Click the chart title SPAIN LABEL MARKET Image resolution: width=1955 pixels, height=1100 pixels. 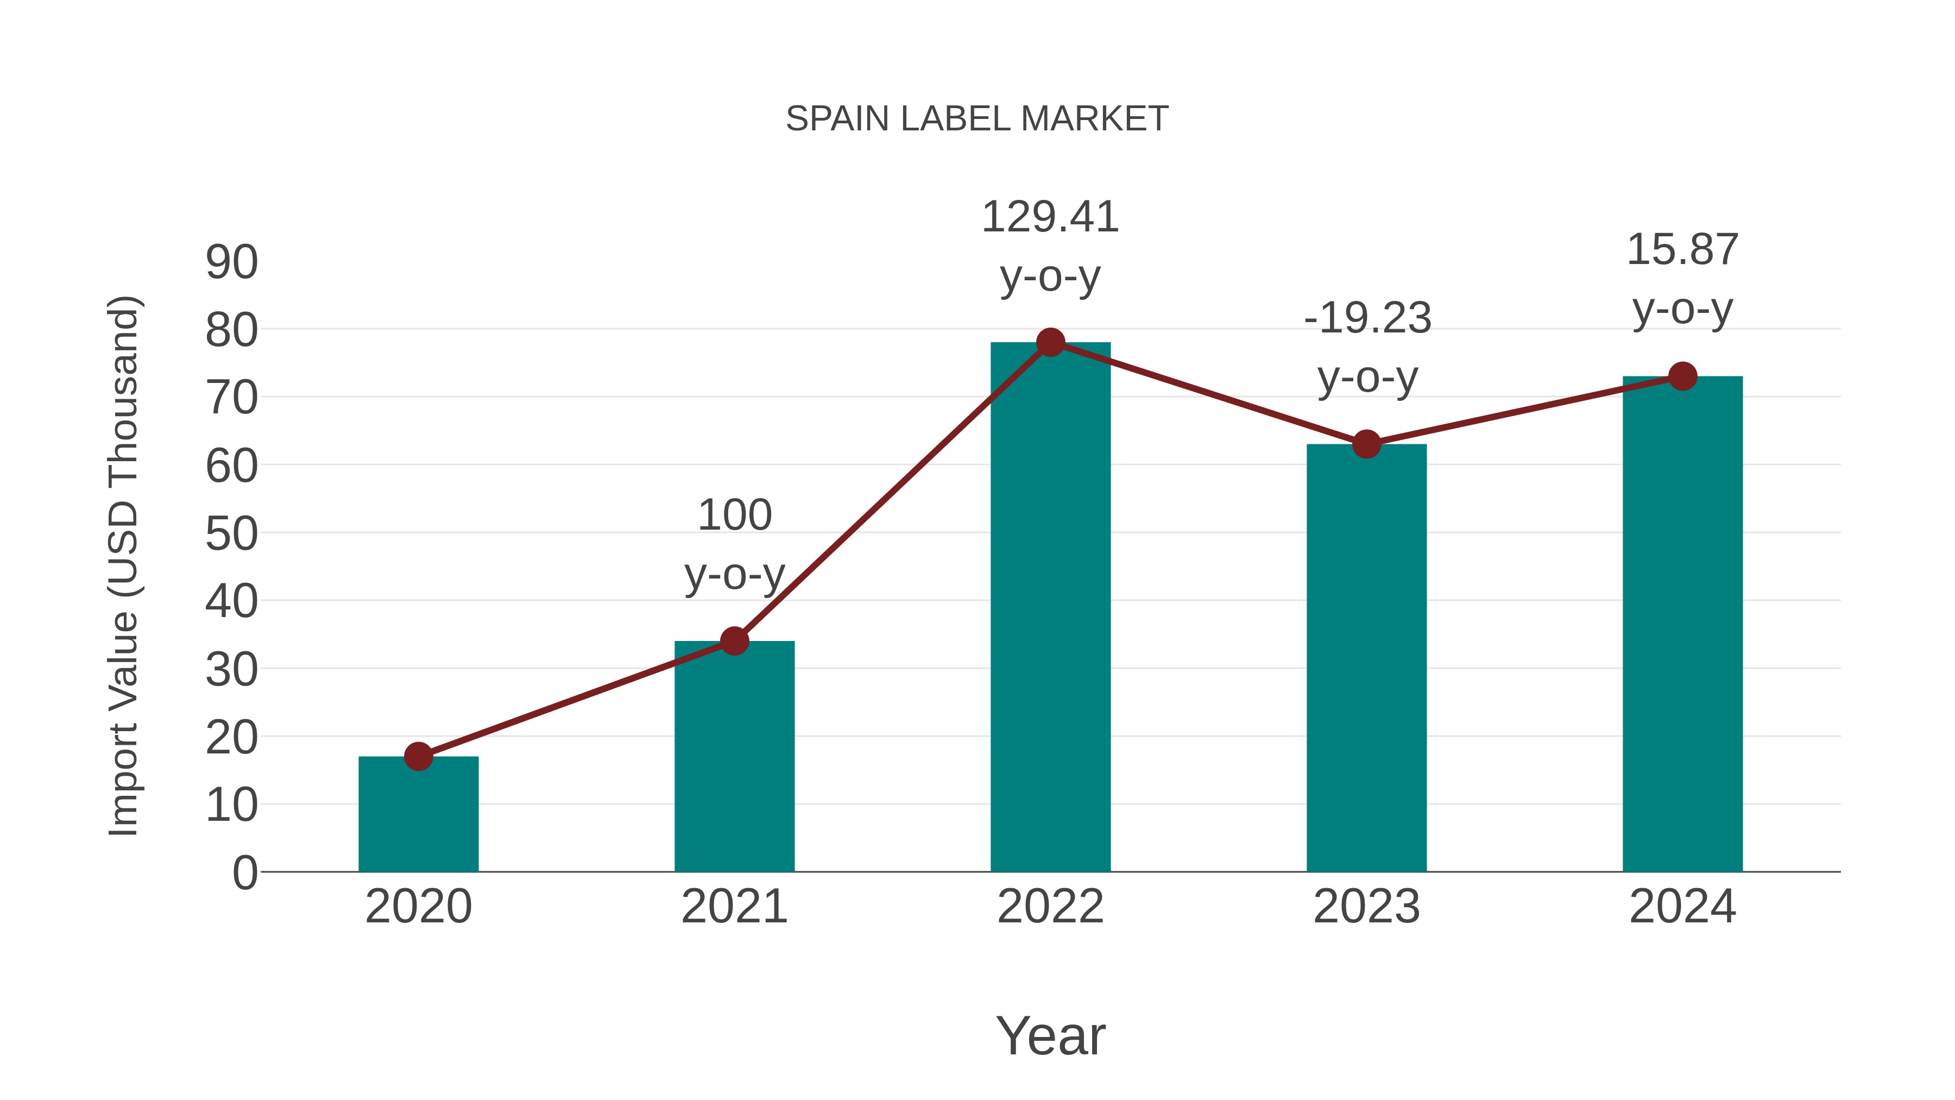click(977, 119)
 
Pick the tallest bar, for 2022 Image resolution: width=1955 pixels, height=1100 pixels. click(1050, 607)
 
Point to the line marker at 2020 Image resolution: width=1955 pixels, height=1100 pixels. click(418, 756)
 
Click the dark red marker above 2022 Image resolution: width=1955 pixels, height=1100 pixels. click(1050, 342)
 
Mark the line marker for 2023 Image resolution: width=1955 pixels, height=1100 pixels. click(1366, 444)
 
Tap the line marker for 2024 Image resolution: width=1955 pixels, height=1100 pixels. click(1682, 376)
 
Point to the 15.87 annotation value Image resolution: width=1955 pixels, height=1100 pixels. click(1682, 250)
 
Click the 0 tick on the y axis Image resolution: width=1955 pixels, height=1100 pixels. click(244, 873)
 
